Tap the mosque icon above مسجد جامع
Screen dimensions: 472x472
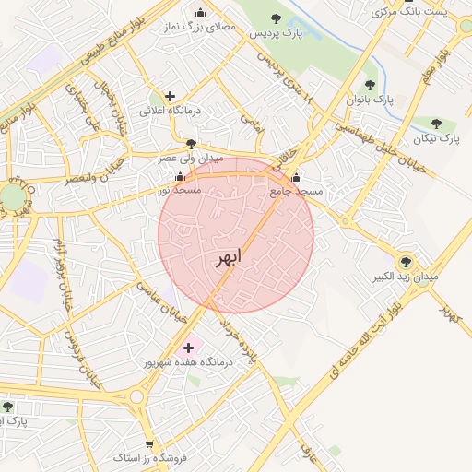tap(295, 178)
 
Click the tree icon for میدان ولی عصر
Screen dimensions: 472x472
tap(191, 144)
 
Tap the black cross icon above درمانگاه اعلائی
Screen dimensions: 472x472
tap(170, 96)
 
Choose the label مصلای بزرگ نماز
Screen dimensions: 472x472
tap(203, 27)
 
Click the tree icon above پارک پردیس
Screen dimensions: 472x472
tap(276, 18)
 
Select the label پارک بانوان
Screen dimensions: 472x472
tap(370, 98)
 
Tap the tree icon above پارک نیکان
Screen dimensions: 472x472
tap(436, 124)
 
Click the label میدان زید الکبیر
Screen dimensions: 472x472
tap(406, 276)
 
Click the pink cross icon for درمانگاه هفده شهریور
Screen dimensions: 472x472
tap(190, 348)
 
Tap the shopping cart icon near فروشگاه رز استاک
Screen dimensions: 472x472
tap(149, 443)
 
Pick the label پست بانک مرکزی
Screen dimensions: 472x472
tap(409, 11)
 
